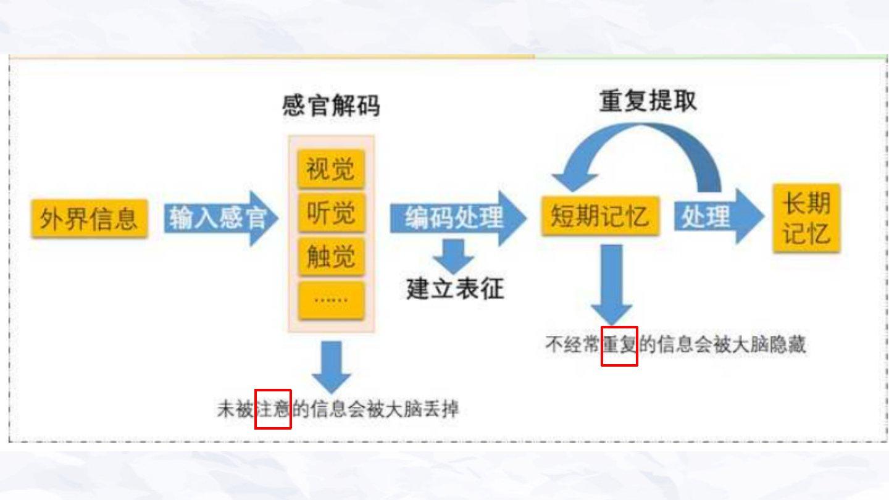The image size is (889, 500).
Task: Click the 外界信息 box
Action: click(x=90, y=219)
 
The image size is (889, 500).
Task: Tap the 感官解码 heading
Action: click(x=331, y=106)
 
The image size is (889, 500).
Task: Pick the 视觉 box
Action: click(x=331, y=168)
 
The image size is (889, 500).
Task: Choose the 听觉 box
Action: click(x=331, y=213)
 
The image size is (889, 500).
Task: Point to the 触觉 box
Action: click(x=331, y=256)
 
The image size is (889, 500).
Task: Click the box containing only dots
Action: click(x=331, y=301)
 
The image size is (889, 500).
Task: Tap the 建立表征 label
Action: click(x=455, y=288)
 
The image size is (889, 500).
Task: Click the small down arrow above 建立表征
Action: click(x=454, y=255)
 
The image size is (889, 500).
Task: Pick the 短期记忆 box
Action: click(x=600, y=217)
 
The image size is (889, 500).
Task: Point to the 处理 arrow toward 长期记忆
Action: click(x=716, y=217)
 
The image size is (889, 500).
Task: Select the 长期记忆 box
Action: click(x=806, y=219)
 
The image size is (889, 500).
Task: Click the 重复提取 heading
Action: click(x=648, y=102)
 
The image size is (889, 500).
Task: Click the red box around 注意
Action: click(x=273, y=409)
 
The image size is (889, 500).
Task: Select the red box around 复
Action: click(x=619, y=345)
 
